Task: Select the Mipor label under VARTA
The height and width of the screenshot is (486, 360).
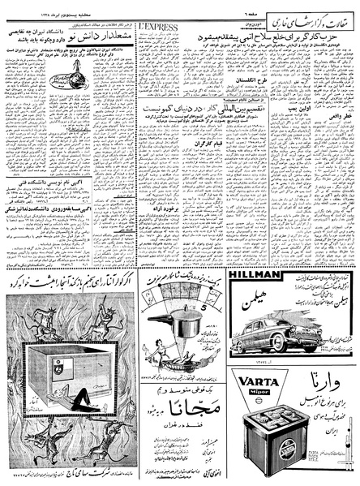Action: pyautogui.click(x=260, y=393)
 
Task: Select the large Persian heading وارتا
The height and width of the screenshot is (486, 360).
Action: pyautogui.click(x=324, y=381)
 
